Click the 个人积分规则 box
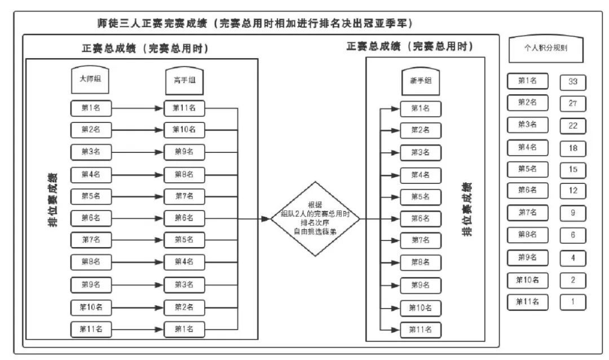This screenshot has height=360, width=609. [546, 49]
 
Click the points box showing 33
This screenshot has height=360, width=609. [573, 82]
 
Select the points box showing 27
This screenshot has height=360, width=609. [573, 104]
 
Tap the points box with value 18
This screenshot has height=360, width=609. [573, 148]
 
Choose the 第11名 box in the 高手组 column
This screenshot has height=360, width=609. [184, 108]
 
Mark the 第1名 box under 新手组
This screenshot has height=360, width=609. [420, 108]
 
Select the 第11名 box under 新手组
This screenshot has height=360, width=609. [420, 330]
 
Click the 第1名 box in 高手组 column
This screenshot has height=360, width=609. [184, 328]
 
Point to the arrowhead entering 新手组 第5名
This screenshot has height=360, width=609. [395, 197]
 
